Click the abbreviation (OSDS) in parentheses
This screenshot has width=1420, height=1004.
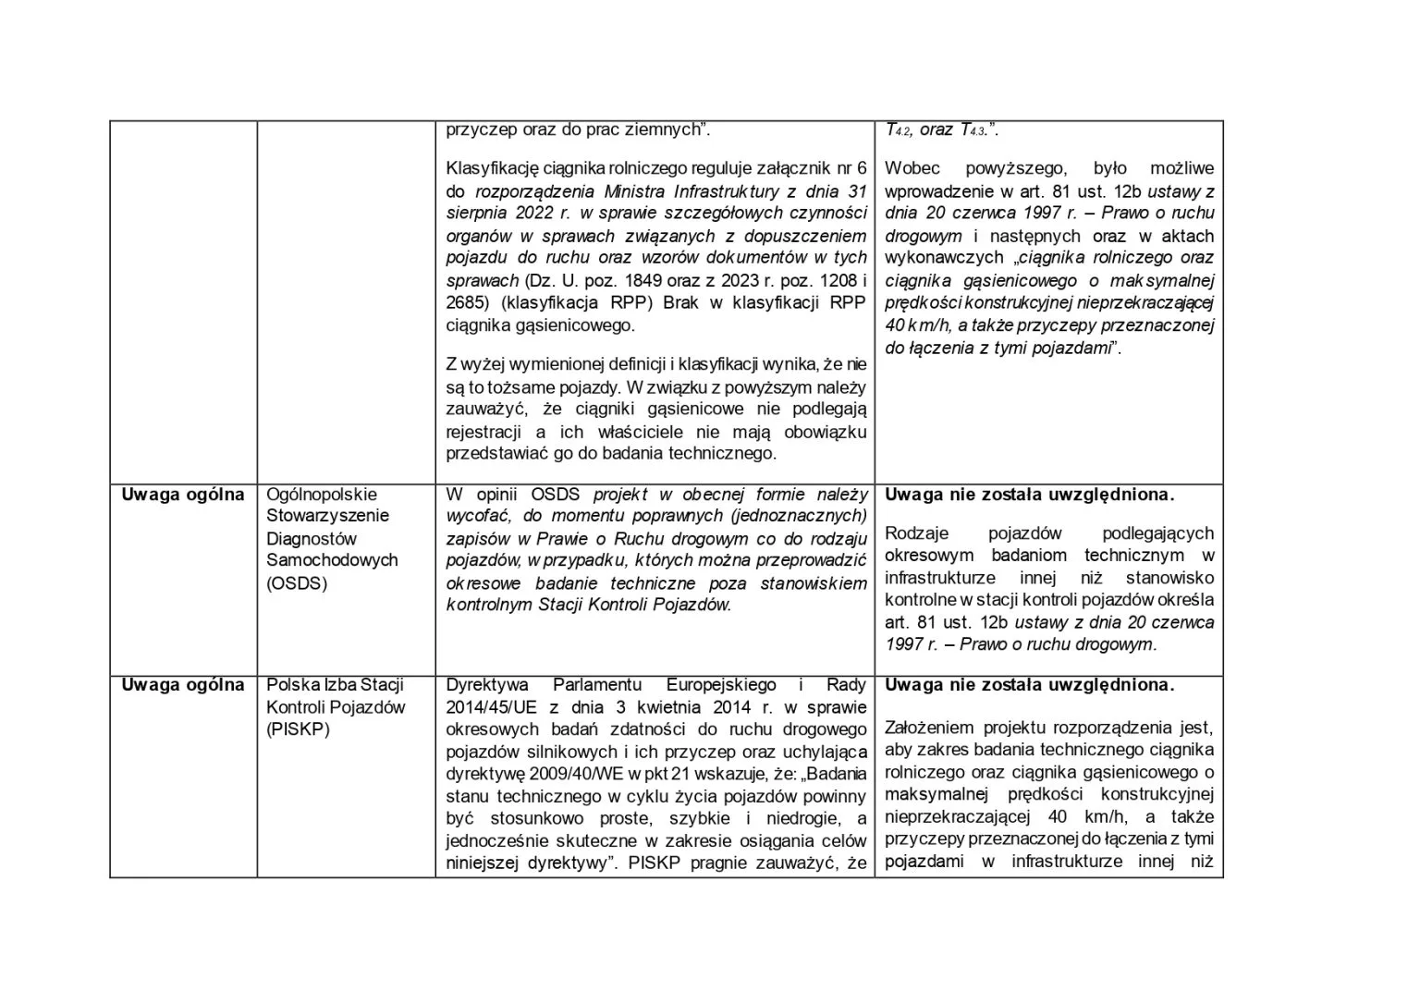tap(297, 583)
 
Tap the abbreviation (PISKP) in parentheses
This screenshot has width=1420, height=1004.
tap(299, 729)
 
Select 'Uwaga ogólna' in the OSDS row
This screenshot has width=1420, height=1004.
tap(183, 495)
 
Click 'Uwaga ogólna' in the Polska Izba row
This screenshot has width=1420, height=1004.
tap(183, 685)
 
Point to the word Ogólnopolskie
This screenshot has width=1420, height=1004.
tap(322, 495)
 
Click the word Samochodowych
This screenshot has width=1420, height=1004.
tap(332, 560)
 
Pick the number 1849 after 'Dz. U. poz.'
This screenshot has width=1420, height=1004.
tap(655, 280)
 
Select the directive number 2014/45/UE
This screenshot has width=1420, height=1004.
tap(491, 708)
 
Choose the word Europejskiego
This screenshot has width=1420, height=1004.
tap(721, 685)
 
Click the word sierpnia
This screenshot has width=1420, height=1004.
tap(481, 213)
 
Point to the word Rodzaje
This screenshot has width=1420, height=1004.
tap(917, 533)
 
